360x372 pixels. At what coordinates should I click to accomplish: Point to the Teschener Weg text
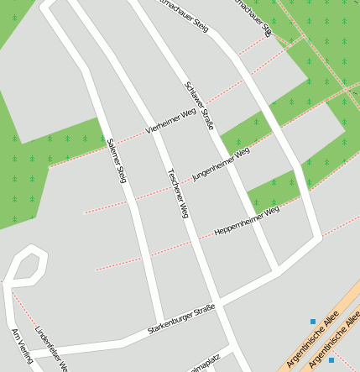[177, 194]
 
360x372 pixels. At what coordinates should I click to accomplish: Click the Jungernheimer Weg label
[221, 163]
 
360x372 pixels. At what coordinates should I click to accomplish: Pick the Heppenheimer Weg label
[247, 220]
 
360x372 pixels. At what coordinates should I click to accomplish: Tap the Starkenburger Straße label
[180, 319]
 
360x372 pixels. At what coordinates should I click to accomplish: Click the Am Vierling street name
[21, 347]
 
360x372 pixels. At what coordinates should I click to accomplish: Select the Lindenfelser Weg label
[50, 346]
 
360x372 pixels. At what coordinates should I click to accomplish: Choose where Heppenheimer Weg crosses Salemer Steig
[141, 254]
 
